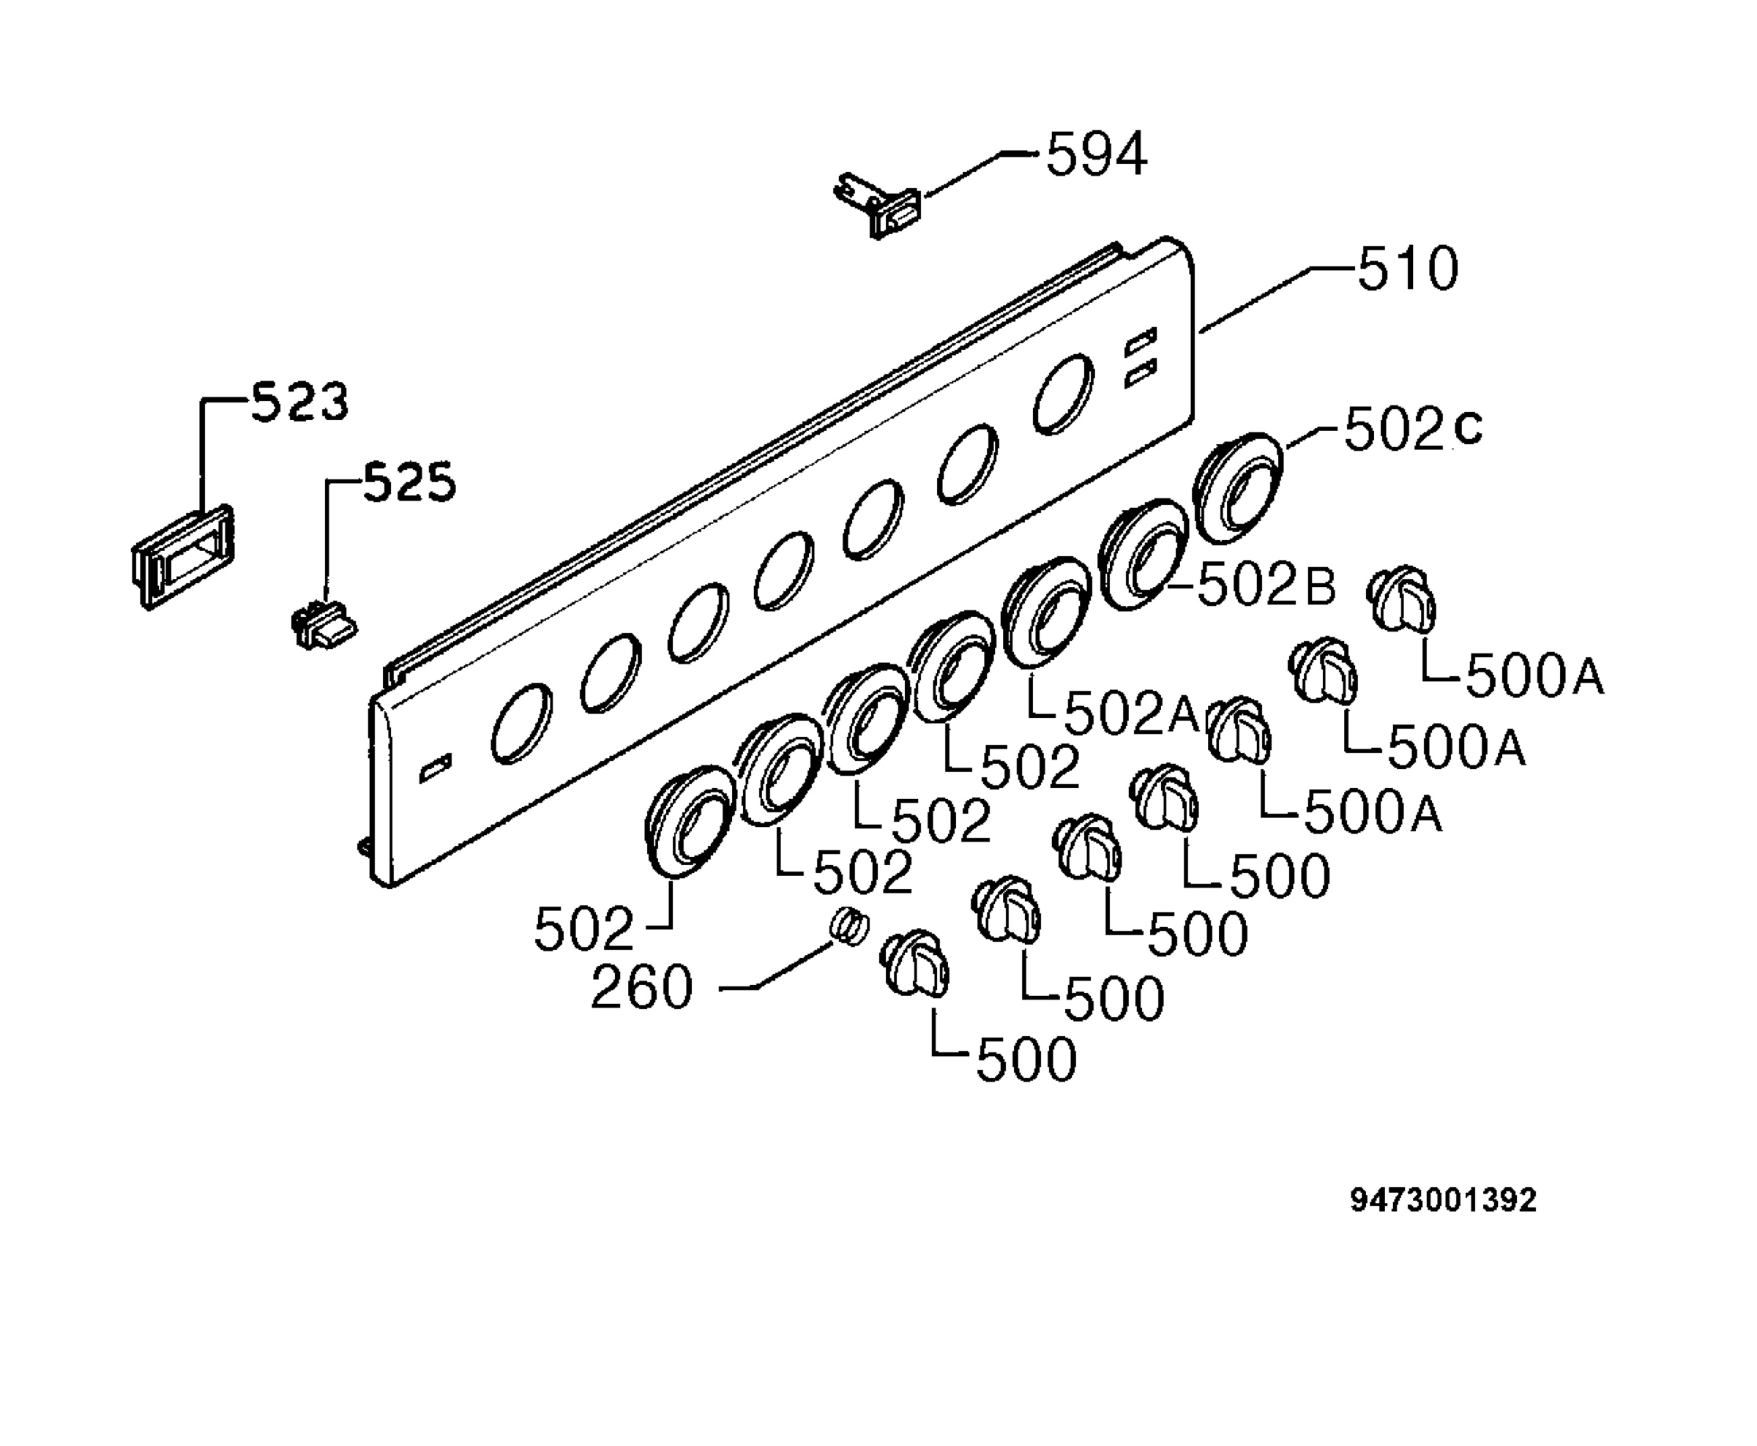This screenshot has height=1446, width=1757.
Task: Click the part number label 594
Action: coord(1097,154)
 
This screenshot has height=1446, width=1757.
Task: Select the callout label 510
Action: coord(1408,269)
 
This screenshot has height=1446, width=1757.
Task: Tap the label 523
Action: coord(300,402)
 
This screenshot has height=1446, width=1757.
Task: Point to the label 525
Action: coord(410,482)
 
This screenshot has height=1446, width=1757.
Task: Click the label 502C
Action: coord(1414,429)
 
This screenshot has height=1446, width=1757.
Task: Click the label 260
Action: coord(641,988)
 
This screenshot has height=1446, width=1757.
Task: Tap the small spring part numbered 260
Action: coord(850,927)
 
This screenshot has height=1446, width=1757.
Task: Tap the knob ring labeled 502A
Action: coord(1046,613)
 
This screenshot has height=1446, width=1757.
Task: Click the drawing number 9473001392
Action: coord(1443,1200)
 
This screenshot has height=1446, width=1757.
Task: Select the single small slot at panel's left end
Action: coord(436,766)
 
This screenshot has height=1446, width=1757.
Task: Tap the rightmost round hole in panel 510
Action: coord(1063,394)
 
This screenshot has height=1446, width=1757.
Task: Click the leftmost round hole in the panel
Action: coord(521,723)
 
